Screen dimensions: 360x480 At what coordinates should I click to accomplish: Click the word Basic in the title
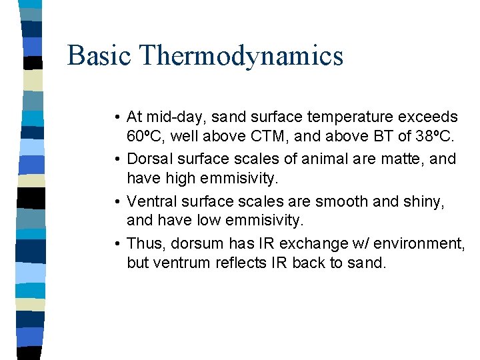tap(97, 55)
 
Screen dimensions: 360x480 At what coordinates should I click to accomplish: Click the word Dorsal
tap(150, 159)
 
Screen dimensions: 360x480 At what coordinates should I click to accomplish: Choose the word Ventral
tap(153, 201)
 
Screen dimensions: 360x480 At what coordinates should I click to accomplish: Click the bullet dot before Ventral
tap(117, 201)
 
